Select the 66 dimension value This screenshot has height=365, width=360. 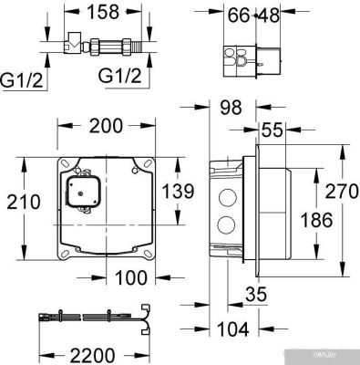pyautogui.click(x=238, y=15)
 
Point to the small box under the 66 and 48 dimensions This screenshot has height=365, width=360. pyautogui.click(x=245, y=57)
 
